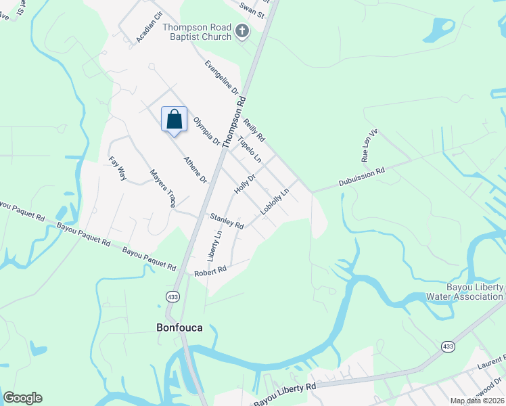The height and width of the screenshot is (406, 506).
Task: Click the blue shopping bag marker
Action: (174, 119)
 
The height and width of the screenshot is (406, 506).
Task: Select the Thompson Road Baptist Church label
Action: (197, 32)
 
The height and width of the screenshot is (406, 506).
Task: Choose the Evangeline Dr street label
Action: (223, 76)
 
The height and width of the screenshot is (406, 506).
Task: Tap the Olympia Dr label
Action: (206, 132)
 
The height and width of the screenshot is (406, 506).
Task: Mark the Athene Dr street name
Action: (195, 170)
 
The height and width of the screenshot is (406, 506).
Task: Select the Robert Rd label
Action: (210, 271)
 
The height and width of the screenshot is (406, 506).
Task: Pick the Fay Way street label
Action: (118, 169)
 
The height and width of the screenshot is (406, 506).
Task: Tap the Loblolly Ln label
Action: (275, 201)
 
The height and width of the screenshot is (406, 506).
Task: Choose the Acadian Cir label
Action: (149, 27)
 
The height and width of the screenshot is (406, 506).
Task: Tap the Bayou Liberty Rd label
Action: (285, 394)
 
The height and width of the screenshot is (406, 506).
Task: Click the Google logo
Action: (22, 398)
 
